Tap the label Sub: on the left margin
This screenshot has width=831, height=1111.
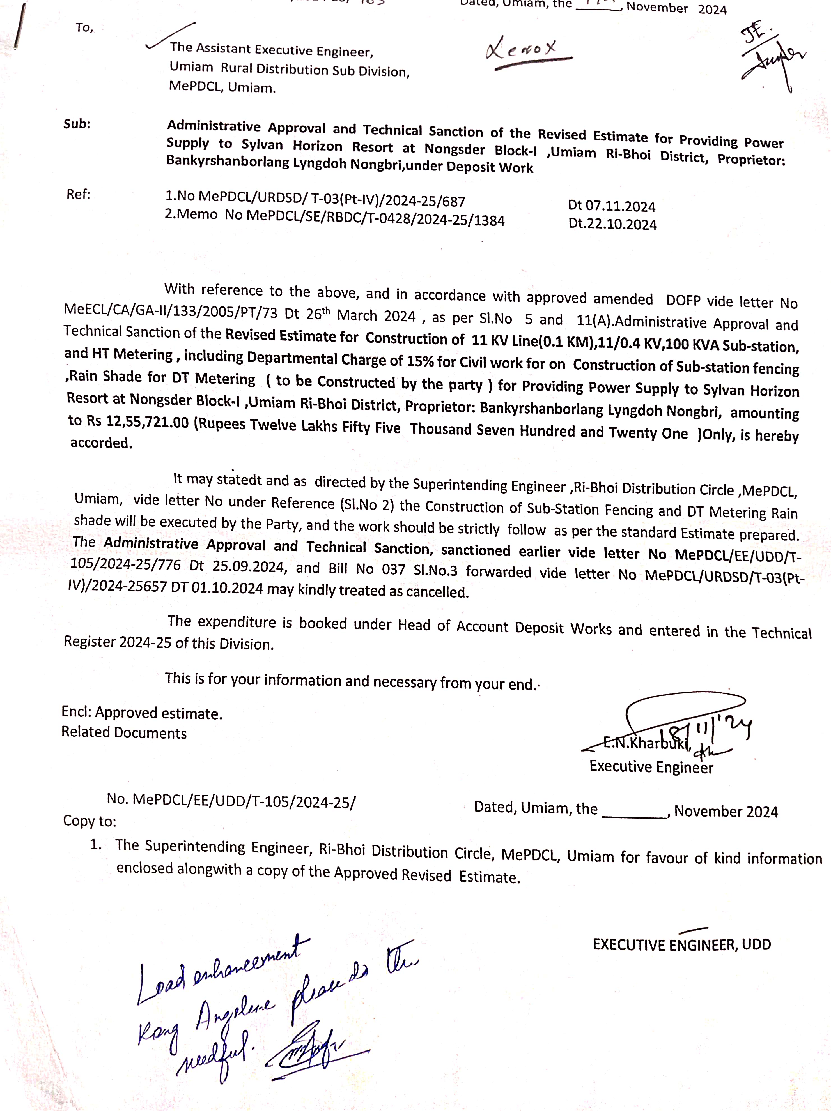77,124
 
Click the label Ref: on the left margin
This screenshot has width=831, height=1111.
78,194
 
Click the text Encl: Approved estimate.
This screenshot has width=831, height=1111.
142,713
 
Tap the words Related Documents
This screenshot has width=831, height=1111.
124,733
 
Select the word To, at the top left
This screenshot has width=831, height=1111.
84,28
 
